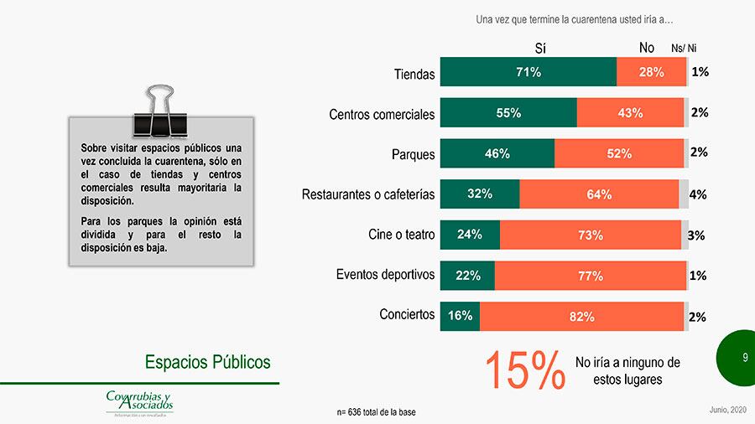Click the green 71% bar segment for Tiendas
(528, 72)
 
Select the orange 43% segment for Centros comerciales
(630, 113)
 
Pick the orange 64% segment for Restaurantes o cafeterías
(598, 194)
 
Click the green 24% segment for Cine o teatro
(470, 235)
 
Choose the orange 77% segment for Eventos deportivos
(590, 276)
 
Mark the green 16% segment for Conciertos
(460, 316)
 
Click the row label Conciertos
(407, 315)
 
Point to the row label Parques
(414, 155)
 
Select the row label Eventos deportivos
(385, 275)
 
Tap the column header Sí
(541, 48)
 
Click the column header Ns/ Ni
(684, 49)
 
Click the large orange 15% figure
(524, 370)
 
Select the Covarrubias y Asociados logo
(139, 401)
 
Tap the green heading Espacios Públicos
(207, 362)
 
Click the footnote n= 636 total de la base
(375, 412)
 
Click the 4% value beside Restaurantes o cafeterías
(697, 194)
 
